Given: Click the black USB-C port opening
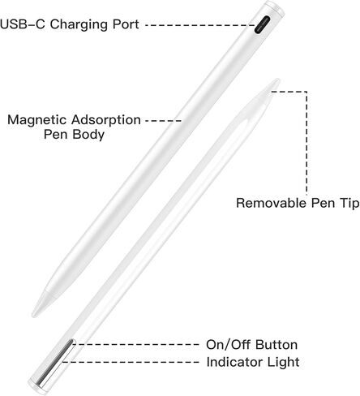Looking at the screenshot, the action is pos(262,24).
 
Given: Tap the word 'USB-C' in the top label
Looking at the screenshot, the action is pos(23,24).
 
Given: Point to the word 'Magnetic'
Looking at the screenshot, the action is pos(37,120).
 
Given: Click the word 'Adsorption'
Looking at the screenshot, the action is pos(106,120).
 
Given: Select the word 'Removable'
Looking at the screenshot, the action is pos(272,203).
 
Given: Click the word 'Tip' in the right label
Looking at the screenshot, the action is pos(349,203).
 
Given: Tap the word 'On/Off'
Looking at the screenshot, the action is pos(229,345).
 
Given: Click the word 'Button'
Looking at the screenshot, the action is pos(276,345).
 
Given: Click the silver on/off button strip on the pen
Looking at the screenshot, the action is pos(55,362).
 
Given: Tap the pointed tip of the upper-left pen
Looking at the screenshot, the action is pos(33,315).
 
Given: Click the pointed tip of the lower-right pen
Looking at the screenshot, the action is pos(278,80).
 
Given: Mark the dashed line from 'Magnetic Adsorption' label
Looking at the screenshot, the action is pos(163,121).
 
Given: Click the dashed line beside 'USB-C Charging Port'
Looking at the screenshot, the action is pos(200,25).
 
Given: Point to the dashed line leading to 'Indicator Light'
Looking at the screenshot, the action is pos(131,362).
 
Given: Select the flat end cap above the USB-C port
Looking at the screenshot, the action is pos(275,7).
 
